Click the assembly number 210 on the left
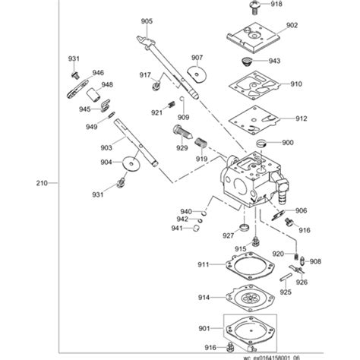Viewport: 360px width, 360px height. click(42, 183)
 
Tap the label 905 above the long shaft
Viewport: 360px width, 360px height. click(146, 21)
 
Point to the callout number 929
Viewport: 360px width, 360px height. click(182, 149)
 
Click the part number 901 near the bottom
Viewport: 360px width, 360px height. click(203, 328)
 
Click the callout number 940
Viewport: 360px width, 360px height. click(185, 212)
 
